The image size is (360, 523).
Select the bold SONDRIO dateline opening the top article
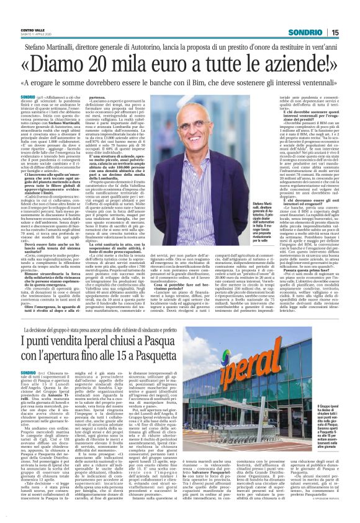coord(28,98)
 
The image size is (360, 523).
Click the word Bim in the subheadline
coord(197,84)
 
